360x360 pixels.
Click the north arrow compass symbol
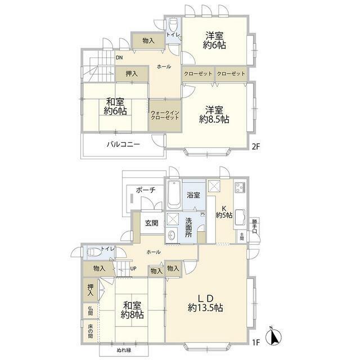coord(273,336)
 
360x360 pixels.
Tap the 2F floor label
coord(256,146)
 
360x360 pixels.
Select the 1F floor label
coord(256,343)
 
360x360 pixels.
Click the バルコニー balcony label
coord(123,145)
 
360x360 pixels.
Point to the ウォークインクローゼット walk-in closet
coord(165,115)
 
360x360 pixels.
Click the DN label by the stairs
coord(119,57)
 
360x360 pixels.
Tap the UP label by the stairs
coord(133,268)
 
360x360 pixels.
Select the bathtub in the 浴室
coord(174,194)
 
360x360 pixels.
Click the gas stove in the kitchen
coord(240,187)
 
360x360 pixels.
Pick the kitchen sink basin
coord(240,217)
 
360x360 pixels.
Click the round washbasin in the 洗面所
coord(172,235)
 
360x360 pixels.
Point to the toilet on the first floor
coord(94,252)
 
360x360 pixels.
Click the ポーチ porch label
coord(146,190)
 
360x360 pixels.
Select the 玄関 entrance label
coord(152,223)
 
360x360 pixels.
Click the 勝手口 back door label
coord(255,226)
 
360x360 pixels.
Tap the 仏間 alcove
coord(91,311)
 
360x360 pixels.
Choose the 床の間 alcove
coord(91,331)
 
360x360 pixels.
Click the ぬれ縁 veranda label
coord(124,350)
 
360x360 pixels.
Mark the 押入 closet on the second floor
coord(132,74)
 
